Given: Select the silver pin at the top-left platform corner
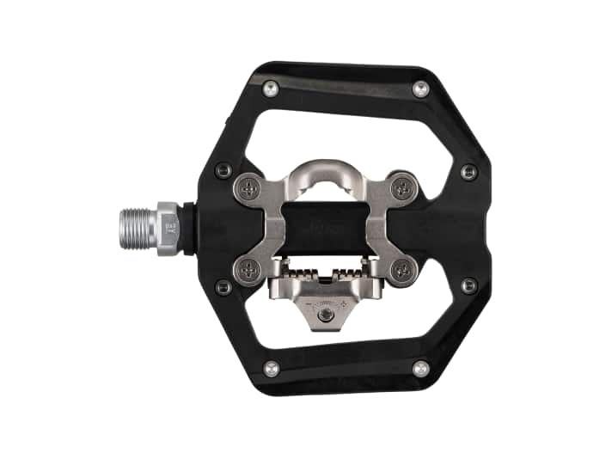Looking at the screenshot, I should pyautogui.click(x=271, y=87).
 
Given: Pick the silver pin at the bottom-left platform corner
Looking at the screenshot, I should pyautogui.click(x=271, y=368).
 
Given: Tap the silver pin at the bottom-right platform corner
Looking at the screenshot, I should pyautogui.click(x=420, y=368).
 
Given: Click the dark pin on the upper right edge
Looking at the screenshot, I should pyautogui.click(x=468, y=171).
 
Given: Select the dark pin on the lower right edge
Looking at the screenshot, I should pyautogui.click(x=468, y=285).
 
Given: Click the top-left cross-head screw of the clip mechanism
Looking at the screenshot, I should pyautogui.click(x=249, y=187).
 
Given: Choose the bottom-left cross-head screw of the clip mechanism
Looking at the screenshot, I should pyautogui.click(x=249, y=269).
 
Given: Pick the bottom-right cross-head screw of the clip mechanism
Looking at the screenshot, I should pyautogui.click(x=402, y=269).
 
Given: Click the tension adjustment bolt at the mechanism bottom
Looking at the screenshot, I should pyautogui.click(x=325, y=317).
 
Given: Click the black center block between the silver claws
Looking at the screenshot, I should pyautogui.click(x=325, y=229).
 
